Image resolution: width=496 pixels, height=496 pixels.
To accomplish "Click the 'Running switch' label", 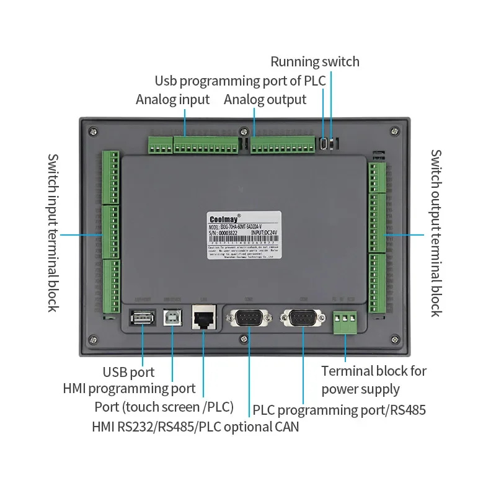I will click(314, 61).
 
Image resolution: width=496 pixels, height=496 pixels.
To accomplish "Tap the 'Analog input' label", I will click(172, 99).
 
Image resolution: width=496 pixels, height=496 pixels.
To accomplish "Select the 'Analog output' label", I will click(265, 99).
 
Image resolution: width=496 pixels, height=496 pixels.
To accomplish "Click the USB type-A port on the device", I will click(142, 318).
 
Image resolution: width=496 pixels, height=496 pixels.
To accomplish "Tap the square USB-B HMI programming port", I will click(172, 317).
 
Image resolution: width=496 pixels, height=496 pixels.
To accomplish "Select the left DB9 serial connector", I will click(249, 319).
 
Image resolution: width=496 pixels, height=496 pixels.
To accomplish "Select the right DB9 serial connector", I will click(303, 319).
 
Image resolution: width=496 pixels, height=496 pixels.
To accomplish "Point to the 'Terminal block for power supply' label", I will click(373, 380).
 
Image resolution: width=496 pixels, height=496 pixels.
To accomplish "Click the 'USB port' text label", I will click(128, 372).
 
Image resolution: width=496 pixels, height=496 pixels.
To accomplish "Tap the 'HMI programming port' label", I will click(129, 389).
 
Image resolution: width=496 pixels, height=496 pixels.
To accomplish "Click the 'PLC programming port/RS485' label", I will click(339, 410).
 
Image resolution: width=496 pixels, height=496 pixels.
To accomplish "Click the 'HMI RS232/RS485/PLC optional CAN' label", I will click(195, 427).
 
